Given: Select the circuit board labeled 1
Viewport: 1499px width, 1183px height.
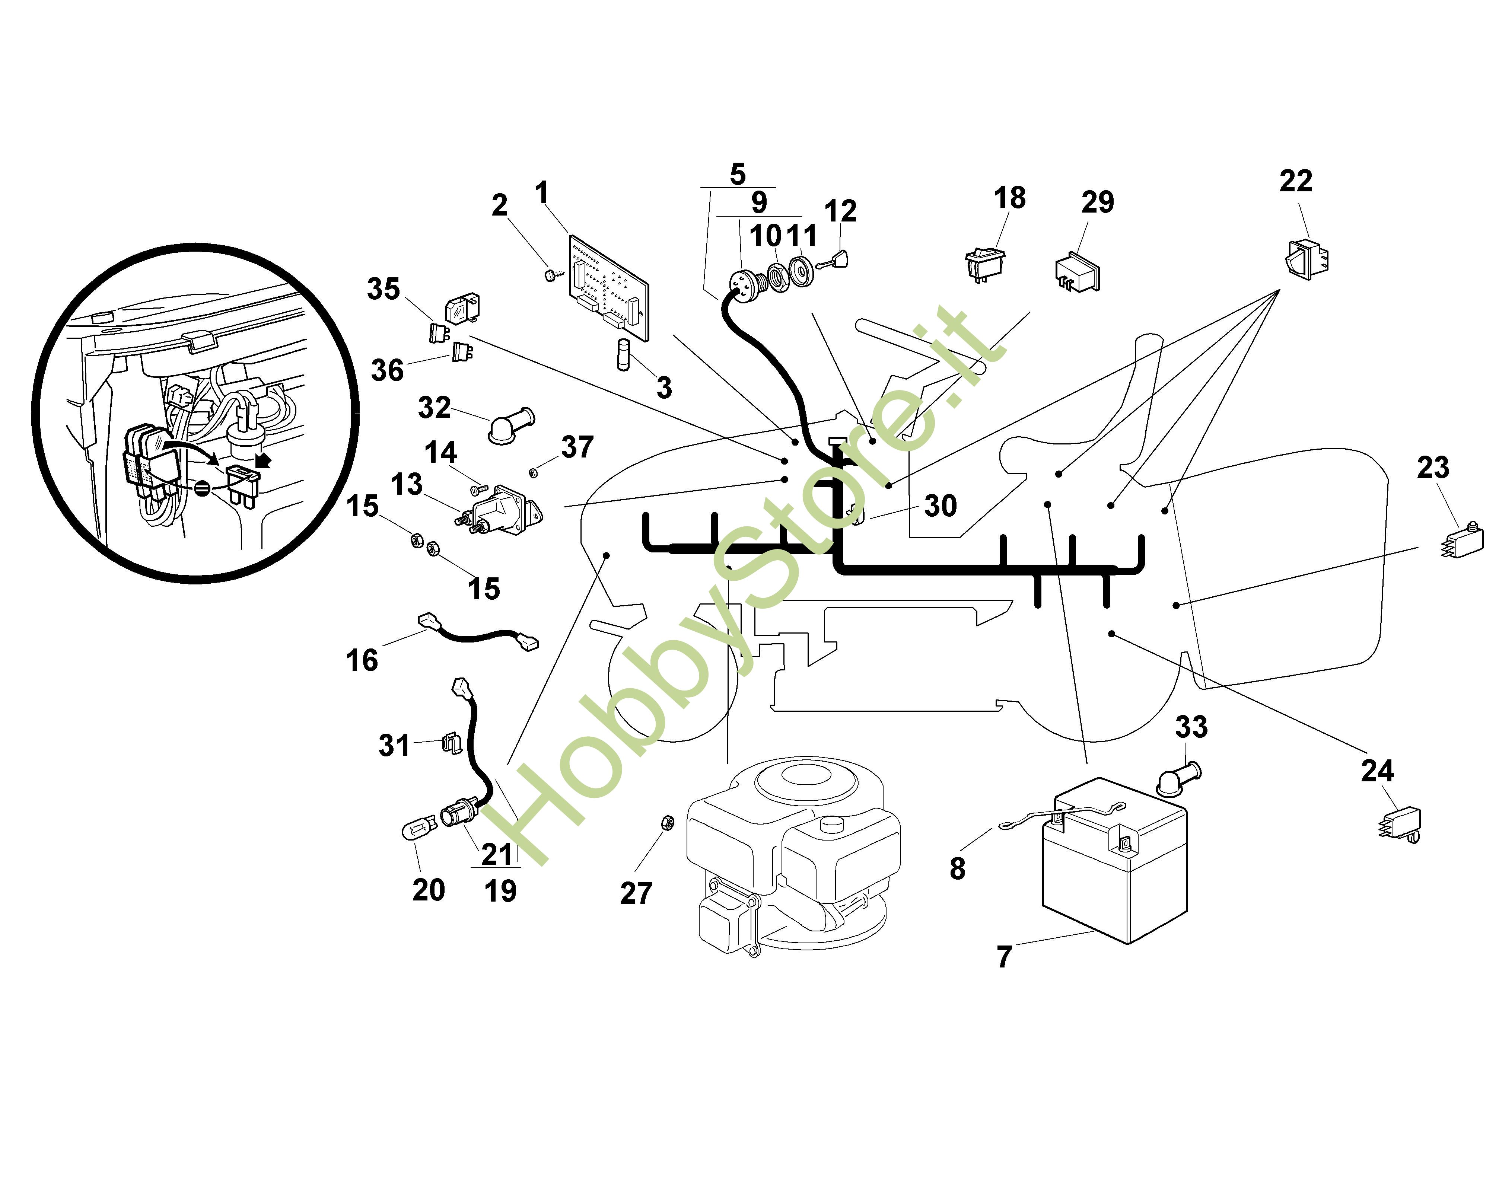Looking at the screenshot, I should (608, 287).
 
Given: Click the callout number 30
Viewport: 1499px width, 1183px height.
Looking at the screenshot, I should (940, 506).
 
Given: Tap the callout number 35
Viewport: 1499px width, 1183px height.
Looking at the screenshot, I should (383, 289).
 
